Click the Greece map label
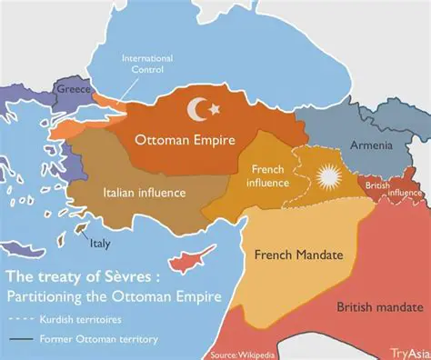73,91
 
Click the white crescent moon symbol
197,110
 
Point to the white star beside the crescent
216,109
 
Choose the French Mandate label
298,255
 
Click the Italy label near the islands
100,243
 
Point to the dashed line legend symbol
19,320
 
